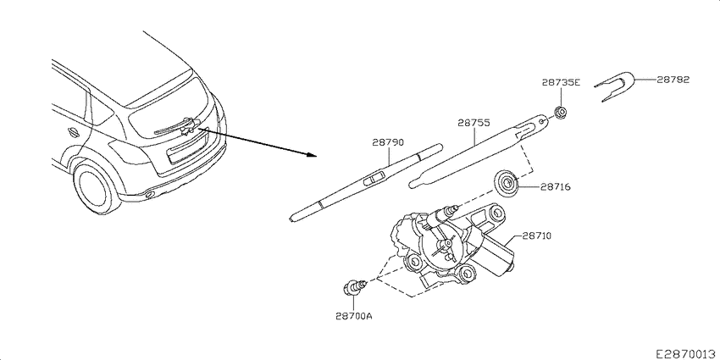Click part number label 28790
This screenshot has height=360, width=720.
388,143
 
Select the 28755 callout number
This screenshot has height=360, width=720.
474,123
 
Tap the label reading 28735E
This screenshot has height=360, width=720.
561,83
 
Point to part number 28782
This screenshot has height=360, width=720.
673,80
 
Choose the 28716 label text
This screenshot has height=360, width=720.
555,187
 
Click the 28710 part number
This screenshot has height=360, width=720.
536,236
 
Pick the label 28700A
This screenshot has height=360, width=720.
353,316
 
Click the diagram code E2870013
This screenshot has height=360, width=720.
687,353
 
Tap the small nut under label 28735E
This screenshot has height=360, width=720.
560,113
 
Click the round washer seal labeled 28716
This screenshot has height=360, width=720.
507,184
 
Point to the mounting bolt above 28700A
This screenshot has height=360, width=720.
355,287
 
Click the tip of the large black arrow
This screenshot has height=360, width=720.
318,156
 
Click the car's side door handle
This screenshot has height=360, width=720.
72,131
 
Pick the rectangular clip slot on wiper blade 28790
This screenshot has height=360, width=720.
375,178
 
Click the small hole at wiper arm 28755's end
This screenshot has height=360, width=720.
542,122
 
